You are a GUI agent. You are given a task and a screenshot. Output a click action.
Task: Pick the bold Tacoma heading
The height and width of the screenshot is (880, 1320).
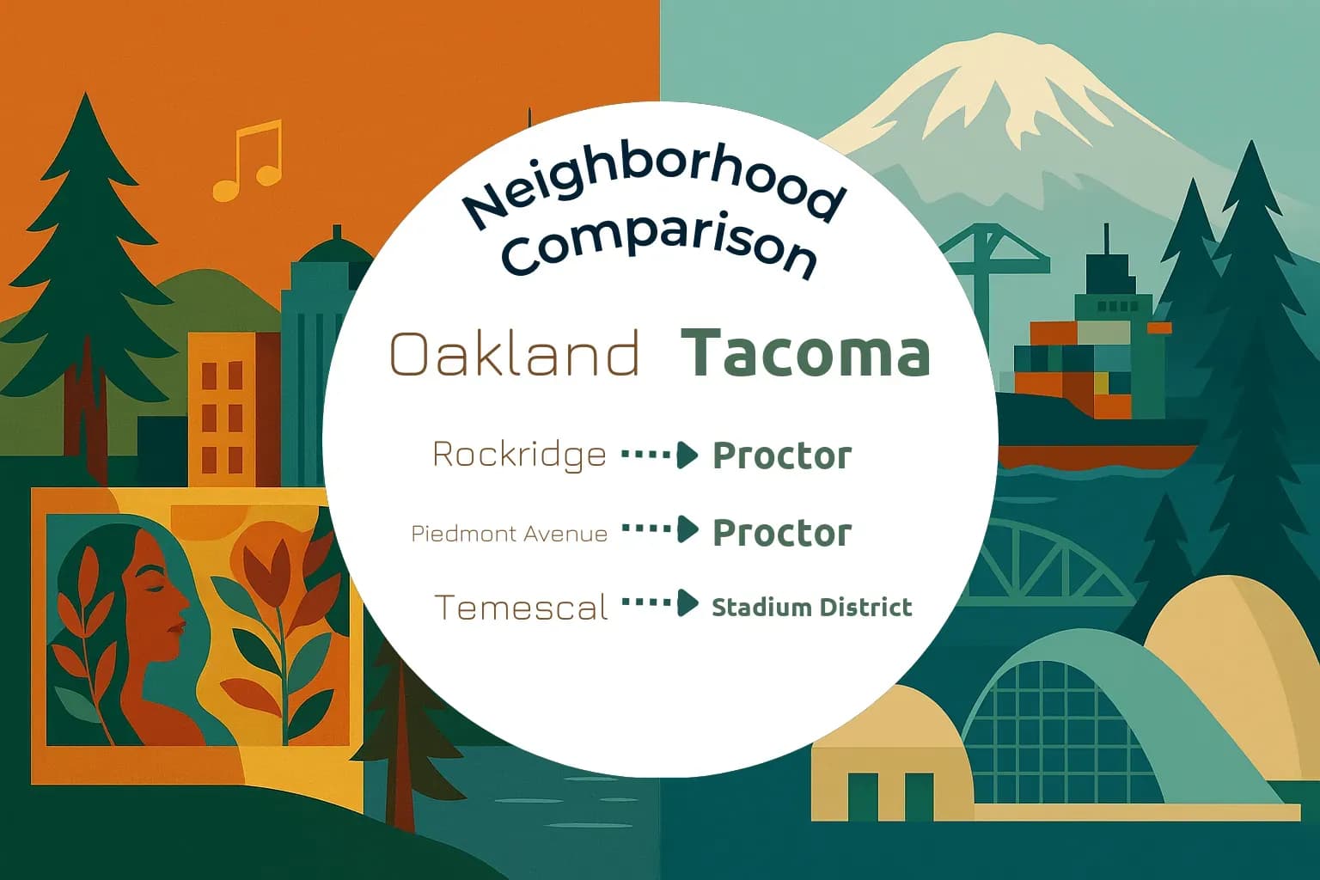(805, 353)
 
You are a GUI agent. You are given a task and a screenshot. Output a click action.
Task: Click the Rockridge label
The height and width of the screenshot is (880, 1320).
(519, 454)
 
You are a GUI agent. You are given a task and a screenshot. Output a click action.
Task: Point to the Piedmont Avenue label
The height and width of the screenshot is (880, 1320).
(509, 534)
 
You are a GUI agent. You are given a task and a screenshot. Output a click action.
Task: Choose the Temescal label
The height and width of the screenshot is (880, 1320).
(521, 608)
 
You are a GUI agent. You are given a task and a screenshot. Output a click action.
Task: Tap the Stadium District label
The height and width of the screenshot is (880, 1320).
(811, 608)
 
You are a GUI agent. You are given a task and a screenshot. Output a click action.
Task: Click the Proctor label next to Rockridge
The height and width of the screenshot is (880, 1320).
(781, 455)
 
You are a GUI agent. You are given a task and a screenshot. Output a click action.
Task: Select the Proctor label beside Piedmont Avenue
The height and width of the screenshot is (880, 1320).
(781, 533)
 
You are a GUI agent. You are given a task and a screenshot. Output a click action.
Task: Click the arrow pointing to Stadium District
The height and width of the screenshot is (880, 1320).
(660, 603)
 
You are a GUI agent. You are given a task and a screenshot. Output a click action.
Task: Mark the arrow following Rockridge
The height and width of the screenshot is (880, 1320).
(660, 454)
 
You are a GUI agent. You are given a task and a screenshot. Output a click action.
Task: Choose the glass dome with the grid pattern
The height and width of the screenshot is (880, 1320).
(1057, 722)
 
